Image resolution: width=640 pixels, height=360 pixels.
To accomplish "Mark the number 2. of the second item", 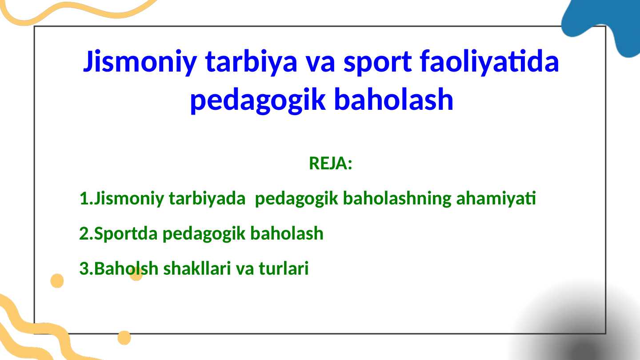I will point(86,233).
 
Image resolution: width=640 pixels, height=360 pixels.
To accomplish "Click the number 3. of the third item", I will point(86,269).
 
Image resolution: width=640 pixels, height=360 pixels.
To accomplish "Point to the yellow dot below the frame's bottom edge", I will point(124,338).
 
